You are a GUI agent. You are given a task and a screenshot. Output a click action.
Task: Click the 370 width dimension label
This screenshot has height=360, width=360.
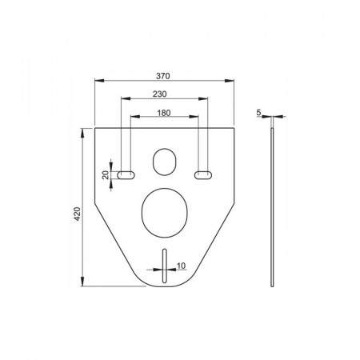[163, 76]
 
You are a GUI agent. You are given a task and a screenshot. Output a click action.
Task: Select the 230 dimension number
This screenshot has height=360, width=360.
[160, 94]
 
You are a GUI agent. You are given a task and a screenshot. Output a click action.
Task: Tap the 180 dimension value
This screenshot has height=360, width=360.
[164, 113]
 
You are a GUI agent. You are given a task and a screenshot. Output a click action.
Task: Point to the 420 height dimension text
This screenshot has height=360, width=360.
[77, 214]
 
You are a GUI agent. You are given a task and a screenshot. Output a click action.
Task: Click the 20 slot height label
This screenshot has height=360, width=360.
[106, 175]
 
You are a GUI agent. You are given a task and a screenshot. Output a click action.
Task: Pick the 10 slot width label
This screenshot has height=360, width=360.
[181, 266]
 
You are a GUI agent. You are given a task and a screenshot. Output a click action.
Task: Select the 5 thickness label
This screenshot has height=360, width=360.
[258, 113]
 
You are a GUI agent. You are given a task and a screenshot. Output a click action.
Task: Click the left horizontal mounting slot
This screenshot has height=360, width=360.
[126, 175]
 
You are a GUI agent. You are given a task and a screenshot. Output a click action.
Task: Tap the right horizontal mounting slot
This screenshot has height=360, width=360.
[203, 175]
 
